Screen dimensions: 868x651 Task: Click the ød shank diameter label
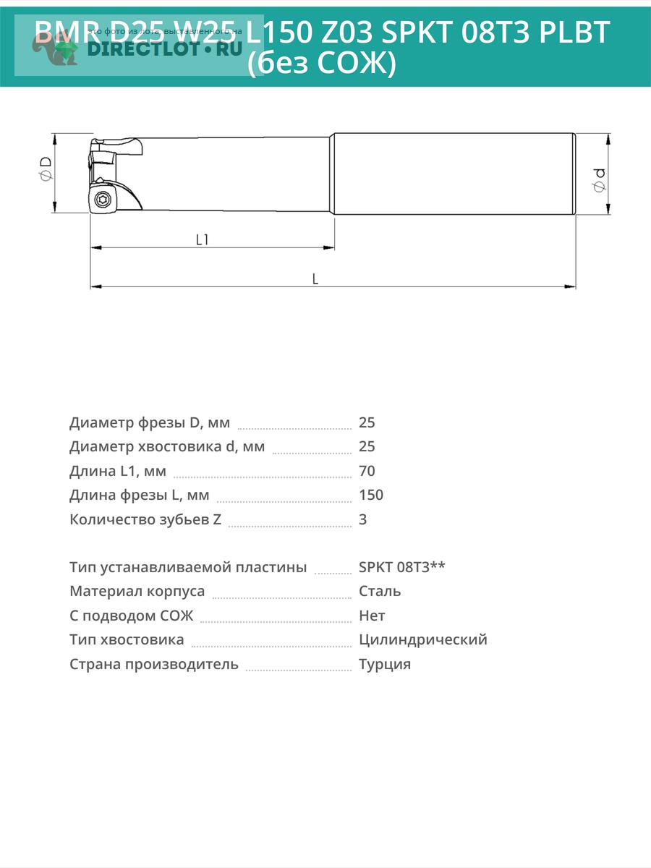coord(600,179)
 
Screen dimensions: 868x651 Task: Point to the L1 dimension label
coord(202,239)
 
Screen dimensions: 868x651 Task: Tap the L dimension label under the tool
coord(315,278)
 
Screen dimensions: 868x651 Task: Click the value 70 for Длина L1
coord(367,471)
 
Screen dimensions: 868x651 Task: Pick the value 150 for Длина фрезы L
coord(370,495)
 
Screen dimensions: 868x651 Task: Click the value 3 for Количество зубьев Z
coord(362,519)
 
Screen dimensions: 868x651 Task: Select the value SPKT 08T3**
coord(401,567)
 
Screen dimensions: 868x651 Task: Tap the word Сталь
coord(380,591)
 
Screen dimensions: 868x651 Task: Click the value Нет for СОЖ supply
coord(372,616)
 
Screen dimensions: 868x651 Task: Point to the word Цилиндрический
coord(422,639)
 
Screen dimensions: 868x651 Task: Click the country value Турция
coord(384,664)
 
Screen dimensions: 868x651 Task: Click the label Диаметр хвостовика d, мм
coord(167,446)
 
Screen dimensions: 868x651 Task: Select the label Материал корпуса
coord(137,591)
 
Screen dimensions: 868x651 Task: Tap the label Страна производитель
coord(153,664)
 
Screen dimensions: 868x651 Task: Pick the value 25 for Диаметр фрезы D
coord(367,422)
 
